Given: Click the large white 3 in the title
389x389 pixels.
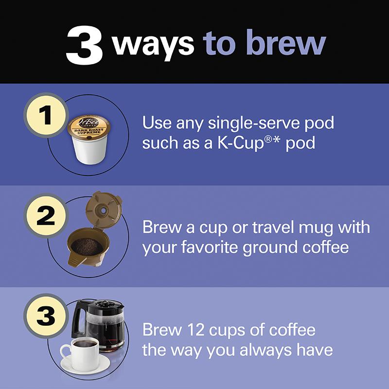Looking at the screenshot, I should [86, 45].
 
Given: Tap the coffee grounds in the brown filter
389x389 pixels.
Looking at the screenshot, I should [87, 246].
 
